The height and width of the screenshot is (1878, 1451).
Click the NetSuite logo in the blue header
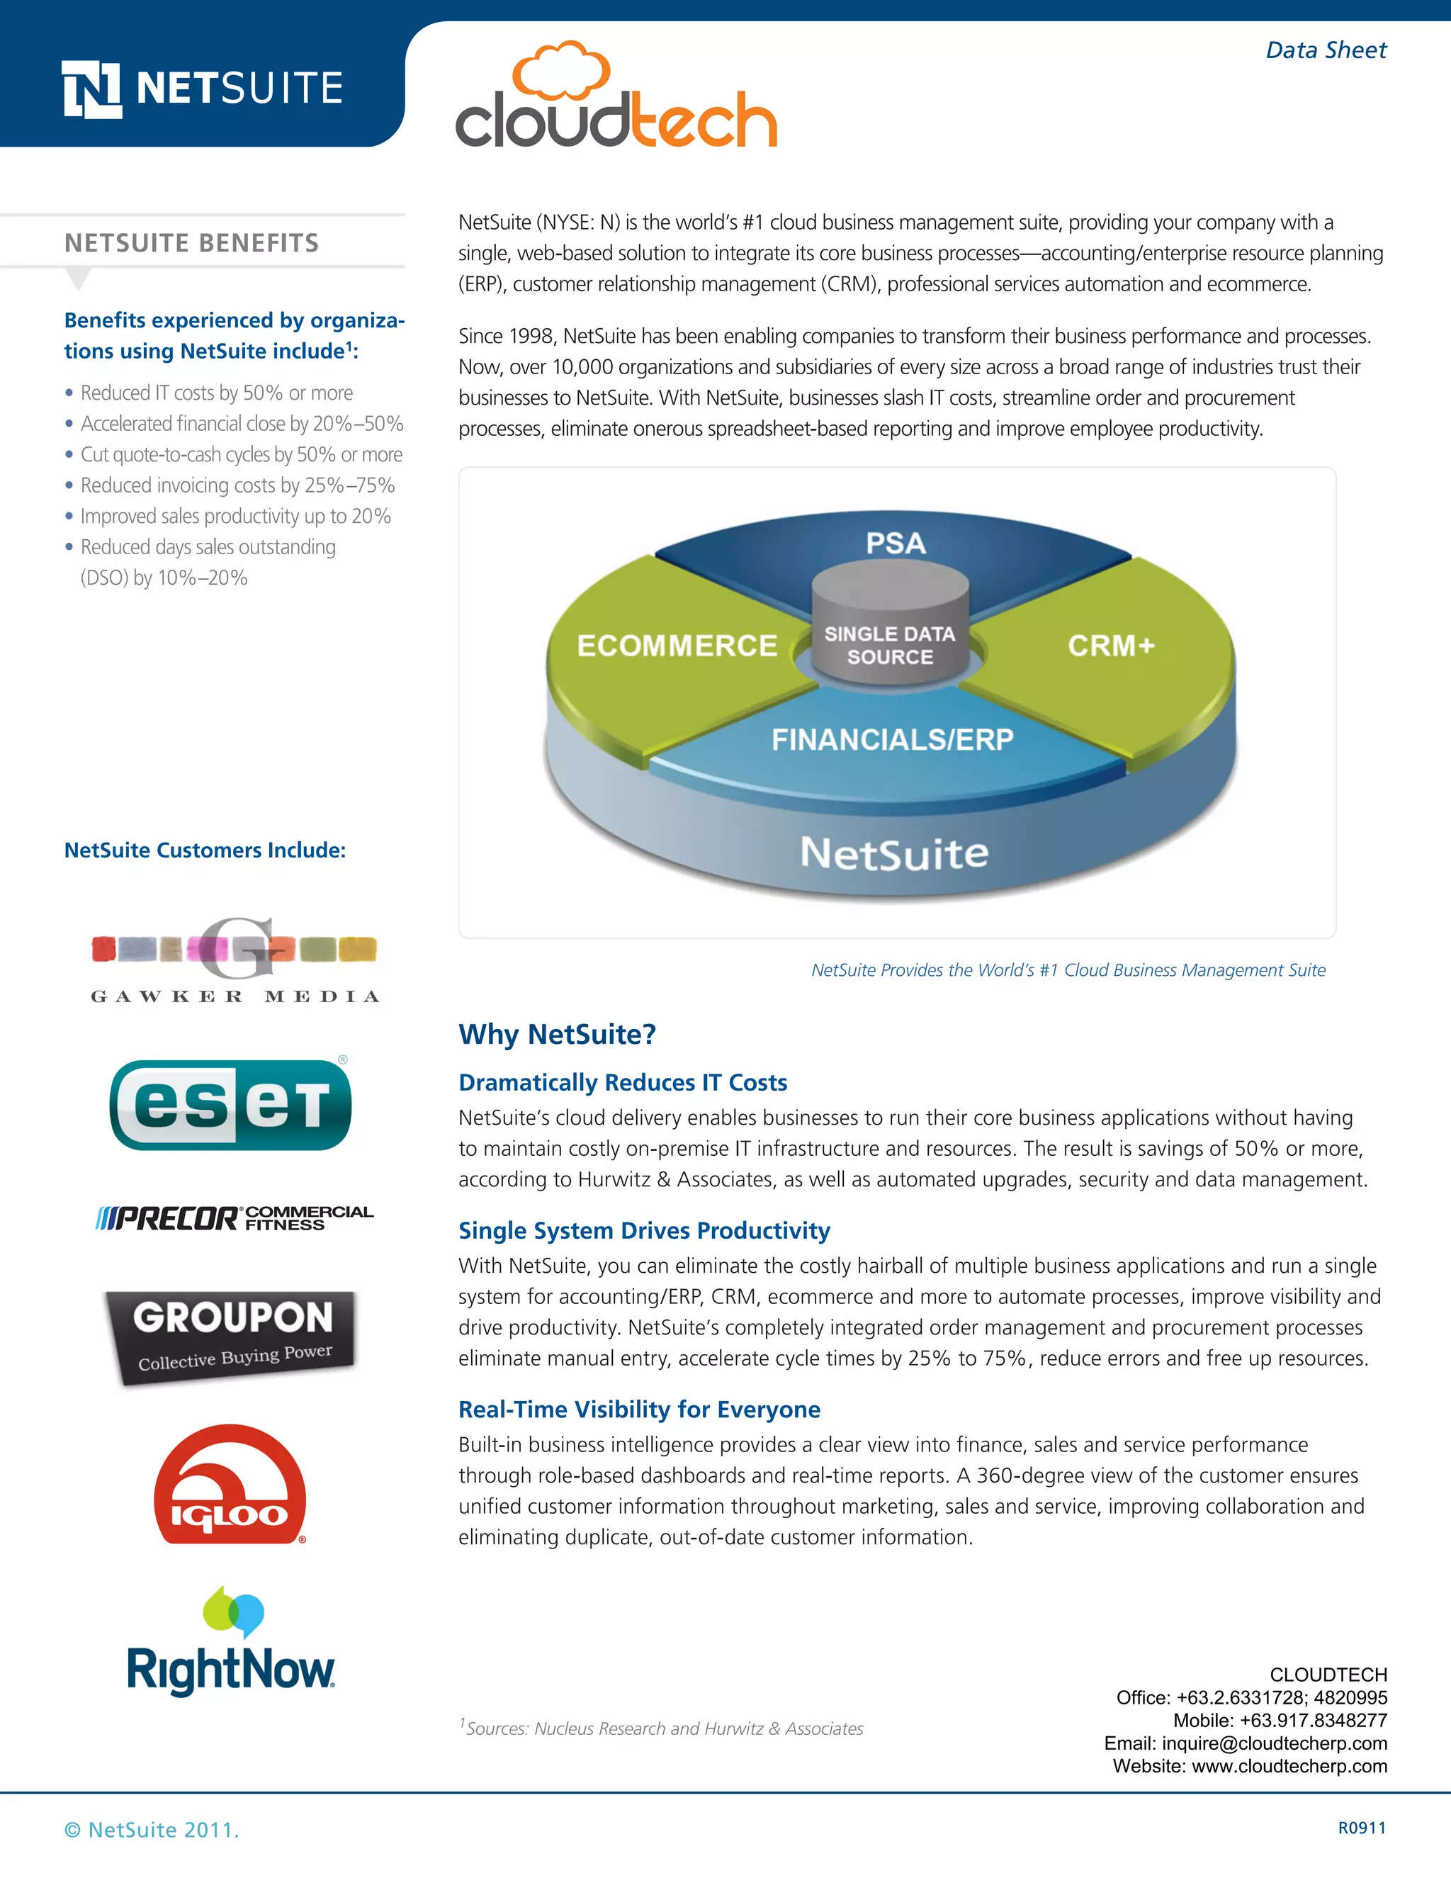tap(203, 89)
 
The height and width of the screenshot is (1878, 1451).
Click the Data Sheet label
tap(1326, 50)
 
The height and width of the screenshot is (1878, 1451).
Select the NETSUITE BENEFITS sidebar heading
tap(192, 243)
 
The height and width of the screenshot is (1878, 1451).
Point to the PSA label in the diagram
tap(895, 544)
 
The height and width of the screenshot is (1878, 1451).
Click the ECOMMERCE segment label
tap(677, 646)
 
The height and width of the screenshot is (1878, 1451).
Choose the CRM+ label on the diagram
tap(1111, 646)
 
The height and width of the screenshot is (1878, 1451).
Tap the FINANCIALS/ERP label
tap(892, 739)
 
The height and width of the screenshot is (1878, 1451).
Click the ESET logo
tap(230, 1105)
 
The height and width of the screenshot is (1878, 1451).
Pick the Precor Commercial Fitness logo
tap(235, 1218)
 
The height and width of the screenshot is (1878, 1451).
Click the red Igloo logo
tap(230, 1485)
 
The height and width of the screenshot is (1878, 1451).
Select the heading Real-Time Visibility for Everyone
tap(638, 1410)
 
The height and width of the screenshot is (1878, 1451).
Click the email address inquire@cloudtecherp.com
tap(1274, 1743)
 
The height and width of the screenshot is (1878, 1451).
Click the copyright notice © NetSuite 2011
tap(152, 1830)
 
